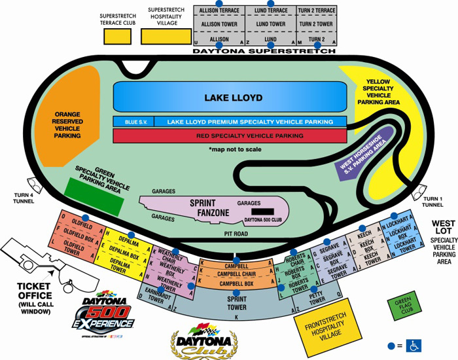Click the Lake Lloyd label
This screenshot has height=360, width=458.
click(x=233, y=98)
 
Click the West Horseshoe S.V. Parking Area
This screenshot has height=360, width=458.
click(x=362, y=151)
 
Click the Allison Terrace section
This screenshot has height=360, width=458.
click(x=219, y=11)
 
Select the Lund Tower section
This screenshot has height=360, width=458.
click(x=271, y=24)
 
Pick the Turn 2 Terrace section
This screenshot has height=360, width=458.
click(x=317, y=11)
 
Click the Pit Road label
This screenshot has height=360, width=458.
click(x=236, y=232)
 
